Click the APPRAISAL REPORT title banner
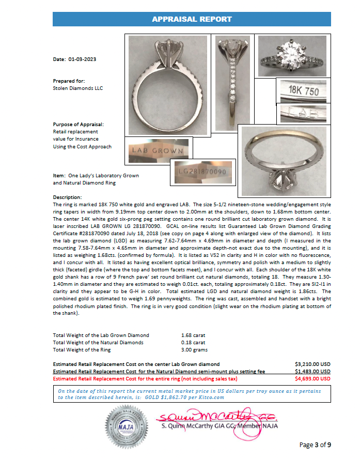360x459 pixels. click(191, 19)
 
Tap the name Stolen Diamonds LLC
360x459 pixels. click(78, 88)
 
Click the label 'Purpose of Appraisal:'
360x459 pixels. click(78, 125)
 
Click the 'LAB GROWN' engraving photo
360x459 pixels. click(158, 151)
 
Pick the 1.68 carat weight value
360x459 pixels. click(193, 335)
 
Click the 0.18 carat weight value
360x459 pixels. click(193, 343)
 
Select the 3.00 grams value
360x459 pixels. click(194, 350)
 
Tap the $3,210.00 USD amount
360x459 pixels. click(312, 364)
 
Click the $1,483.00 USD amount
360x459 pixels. click(312, 372)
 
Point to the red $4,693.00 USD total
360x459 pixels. click(312, 379)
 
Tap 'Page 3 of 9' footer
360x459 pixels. click(315, 445)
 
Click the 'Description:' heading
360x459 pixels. click(67, 198)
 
